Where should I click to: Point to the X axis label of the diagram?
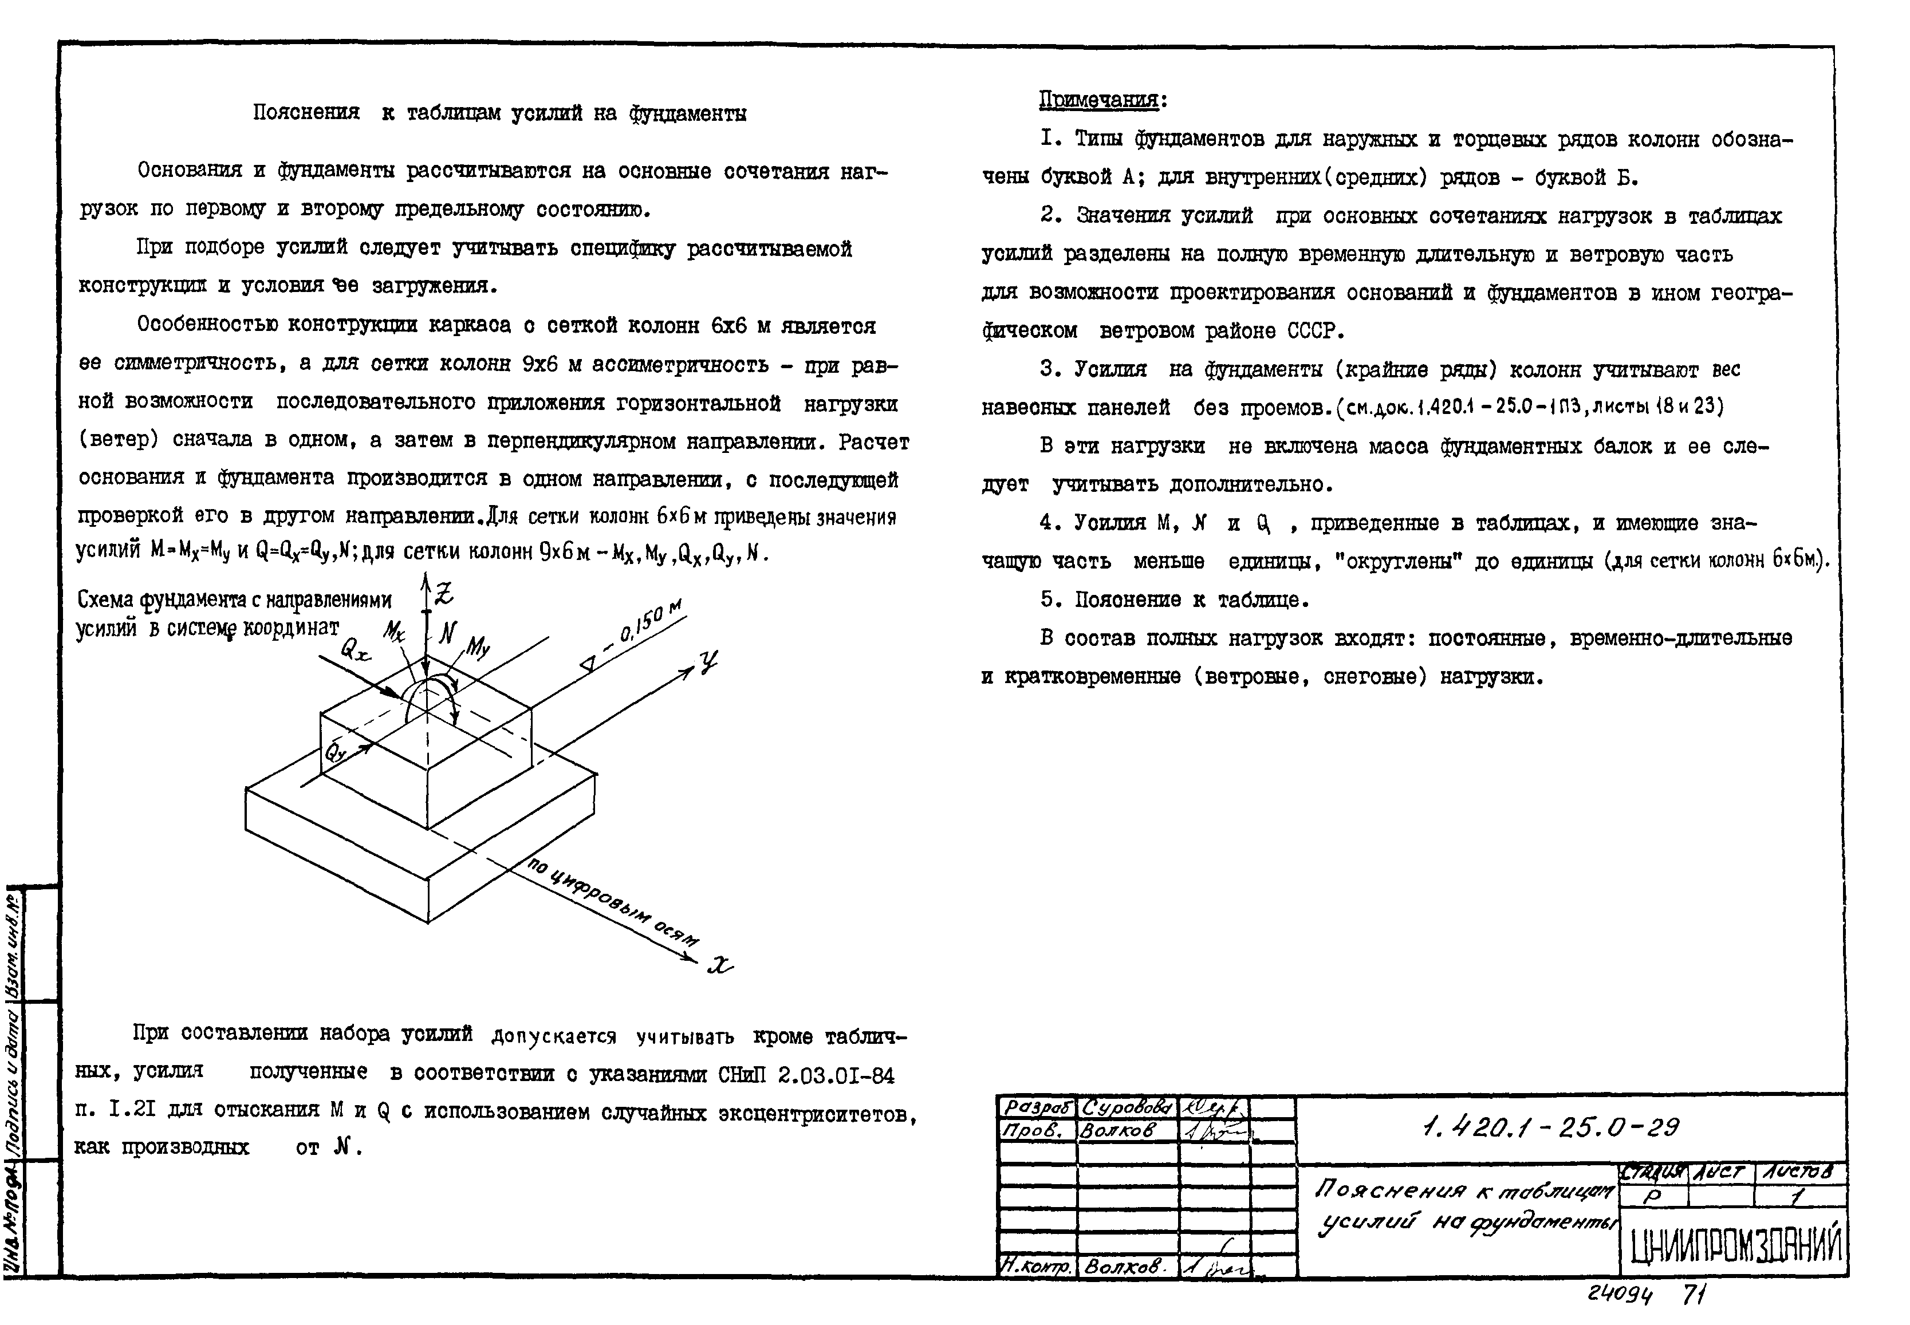[720, 965]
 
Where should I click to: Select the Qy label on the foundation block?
[334, 752]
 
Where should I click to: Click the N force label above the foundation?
[448, 633]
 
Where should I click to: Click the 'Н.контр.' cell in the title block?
[1037, 1266]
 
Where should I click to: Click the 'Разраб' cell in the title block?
[1037, 1107]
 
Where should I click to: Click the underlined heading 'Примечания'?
[1098, 100]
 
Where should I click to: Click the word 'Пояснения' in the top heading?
[306, 112]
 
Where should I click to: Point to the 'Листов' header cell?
[1801, 1172]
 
